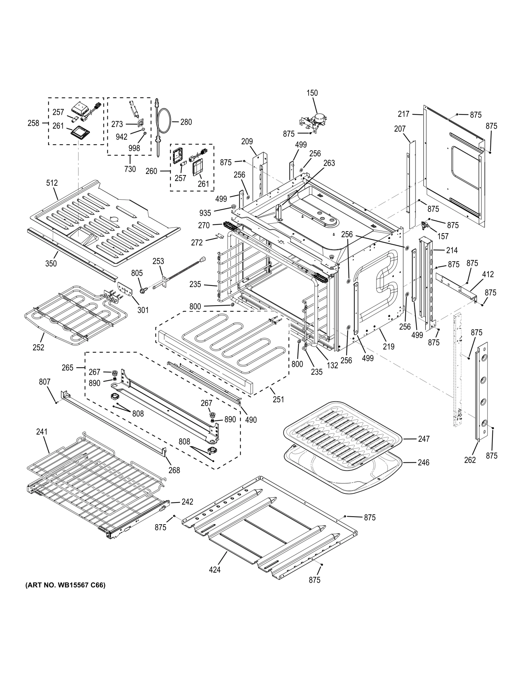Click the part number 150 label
click(312, 93)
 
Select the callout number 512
click(52, 183)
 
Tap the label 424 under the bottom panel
click(215, 570)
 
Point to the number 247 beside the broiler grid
click(424, 439)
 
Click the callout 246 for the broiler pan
click(424, 462)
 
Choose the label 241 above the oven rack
click(41, 432)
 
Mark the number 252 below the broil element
click(38, 347)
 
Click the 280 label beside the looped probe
click(186, 122)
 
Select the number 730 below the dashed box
click(130, 169)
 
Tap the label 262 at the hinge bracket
click(470, 459)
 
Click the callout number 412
click(488, 274)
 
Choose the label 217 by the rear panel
click(404, 114)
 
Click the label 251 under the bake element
click(278, 399)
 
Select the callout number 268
click(174, 470)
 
